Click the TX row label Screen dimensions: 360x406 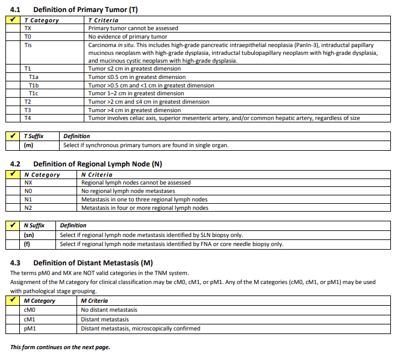(x=28, y=28)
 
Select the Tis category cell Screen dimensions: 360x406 (x=28, y=45)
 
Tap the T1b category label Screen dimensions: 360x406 (x=34, y=86)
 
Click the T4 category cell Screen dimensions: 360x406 (x=28, y=118)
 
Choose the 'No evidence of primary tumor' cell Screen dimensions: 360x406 (x=128, y=37)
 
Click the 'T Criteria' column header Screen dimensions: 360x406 (x=103, y=21)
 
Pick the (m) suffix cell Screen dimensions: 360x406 (x=28, y=145)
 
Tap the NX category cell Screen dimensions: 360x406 (x=28, y=183)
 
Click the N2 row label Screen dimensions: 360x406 (x=28, y=208)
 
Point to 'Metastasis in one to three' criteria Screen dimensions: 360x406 (x=145, y=200)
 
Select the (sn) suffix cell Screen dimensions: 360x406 (x=28, y=235)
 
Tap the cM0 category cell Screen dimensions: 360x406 (x=28, y=310)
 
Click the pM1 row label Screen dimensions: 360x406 (x=28, y=329)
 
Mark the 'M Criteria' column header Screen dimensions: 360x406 (x=94, y=301)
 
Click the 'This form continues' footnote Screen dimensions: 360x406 (x=60, y=347)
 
